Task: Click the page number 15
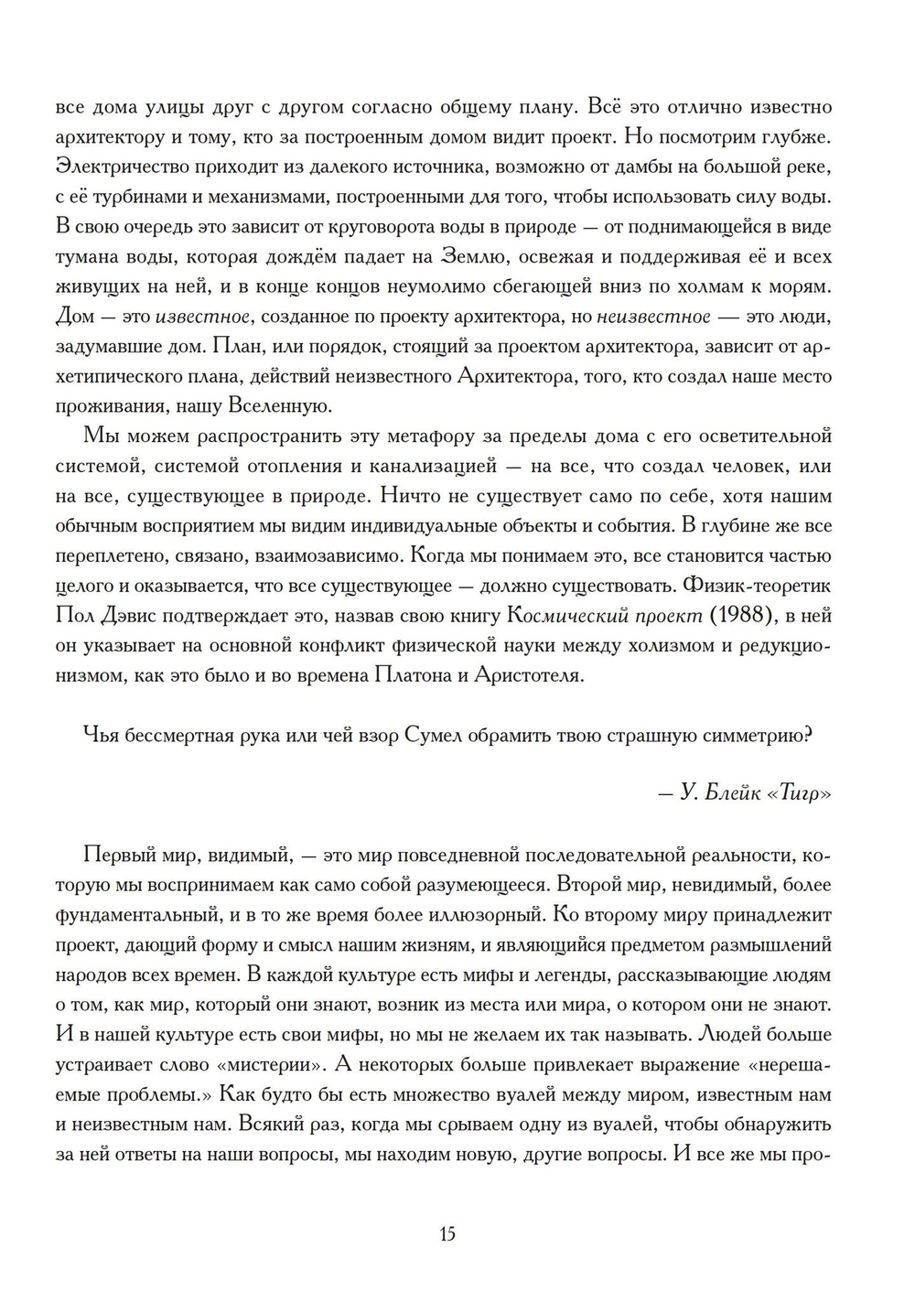[447, 1234]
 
